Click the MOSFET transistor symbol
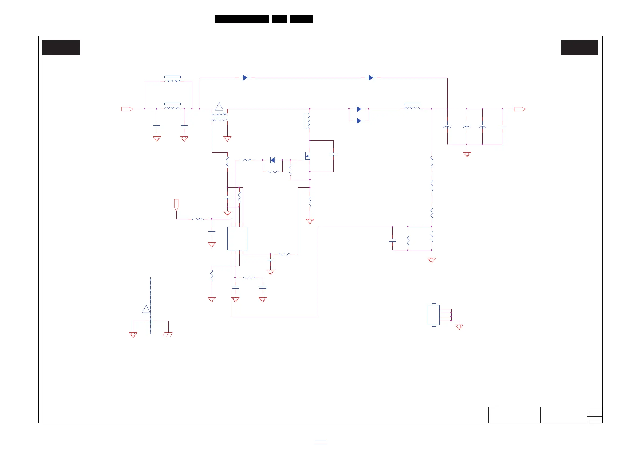point(307,156)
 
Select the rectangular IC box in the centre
point(237,238)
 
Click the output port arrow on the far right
point(520,109)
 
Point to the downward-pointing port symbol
point(176,205)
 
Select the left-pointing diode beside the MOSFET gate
point(273,160)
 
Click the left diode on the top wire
point(245,78)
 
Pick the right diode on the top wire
point(371,78)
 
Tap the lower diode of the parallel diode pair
point(359,121)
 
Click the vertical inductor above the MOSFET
point(308,121)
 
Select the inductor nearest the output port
point(412,107)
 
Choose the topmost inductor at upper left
point(172,80)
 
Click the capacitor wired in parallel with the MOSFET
point(333,154)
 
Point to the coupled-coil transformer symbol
point(219,117)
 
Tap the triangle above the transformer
point(219,107)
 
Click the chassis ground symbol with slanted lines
point(167,334)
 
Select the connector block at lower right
point(434,315)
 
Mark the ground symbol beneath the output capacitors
point(467,154)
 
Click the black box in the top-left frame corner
point(61,47)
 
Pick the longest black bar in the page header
point(241,19)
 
